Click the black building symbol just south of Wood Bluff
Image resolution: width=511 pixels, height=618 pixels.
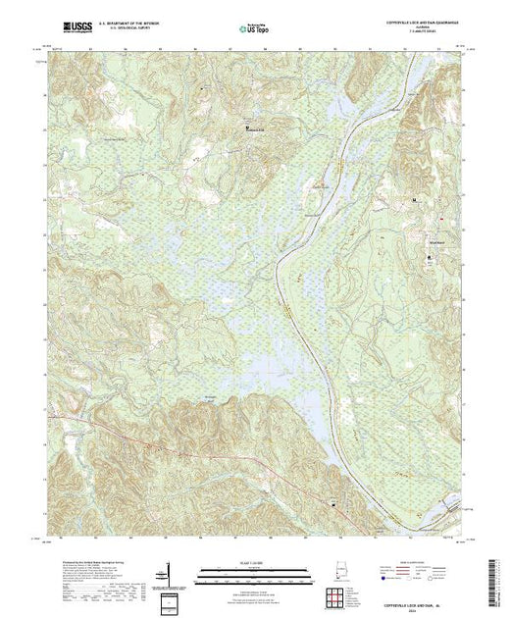429,258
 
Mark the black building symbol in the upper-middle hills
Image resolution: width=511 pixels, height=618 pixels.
246,126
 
